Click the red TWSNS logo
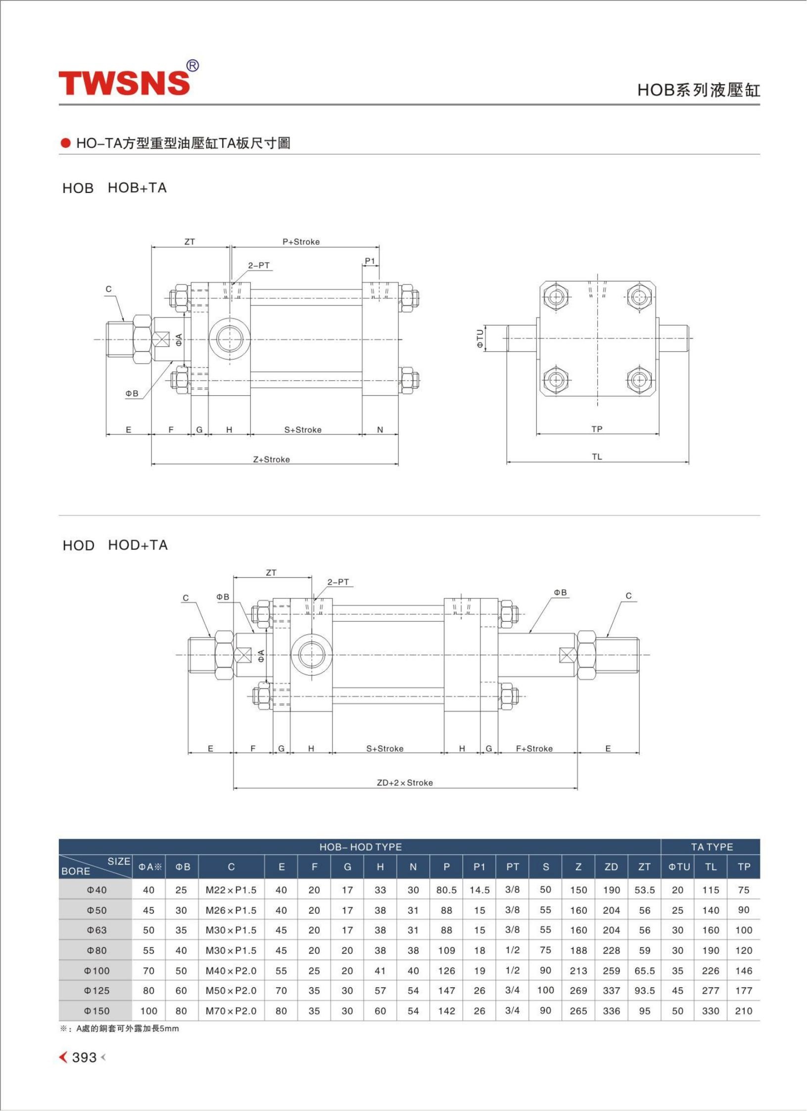[x=124, y=83]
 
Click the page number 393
[x=84, y=1057]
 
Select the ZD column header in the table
[x=611, y=867]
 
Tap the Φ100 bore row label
[x=96, y=971]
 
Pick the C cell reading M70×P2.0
[x=231, y=1011]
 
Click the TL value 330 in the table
[x=711, y=1011]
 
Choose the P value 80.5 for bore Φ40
[x=446, y=890]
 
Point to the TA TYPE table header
[x=712, y=847]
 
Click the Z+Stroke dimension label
[x=272, y=459]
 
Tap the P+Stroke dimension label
[x=301, y=242]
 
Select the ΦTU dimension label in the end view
[x=479, y=338]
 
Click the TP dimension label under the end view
[x=597, y=429]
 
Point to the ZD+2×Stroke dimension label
[x=405, y=783]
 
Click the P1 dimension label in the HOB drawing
[x=370, y=261]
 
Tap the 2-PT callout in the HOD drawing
[x=338, y=582]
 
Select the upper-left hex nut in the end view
[x=557, y=297]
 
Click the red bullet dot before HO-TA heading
[x=66, y=143]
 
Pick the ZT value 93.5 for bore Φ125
[x=644, y=990]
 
